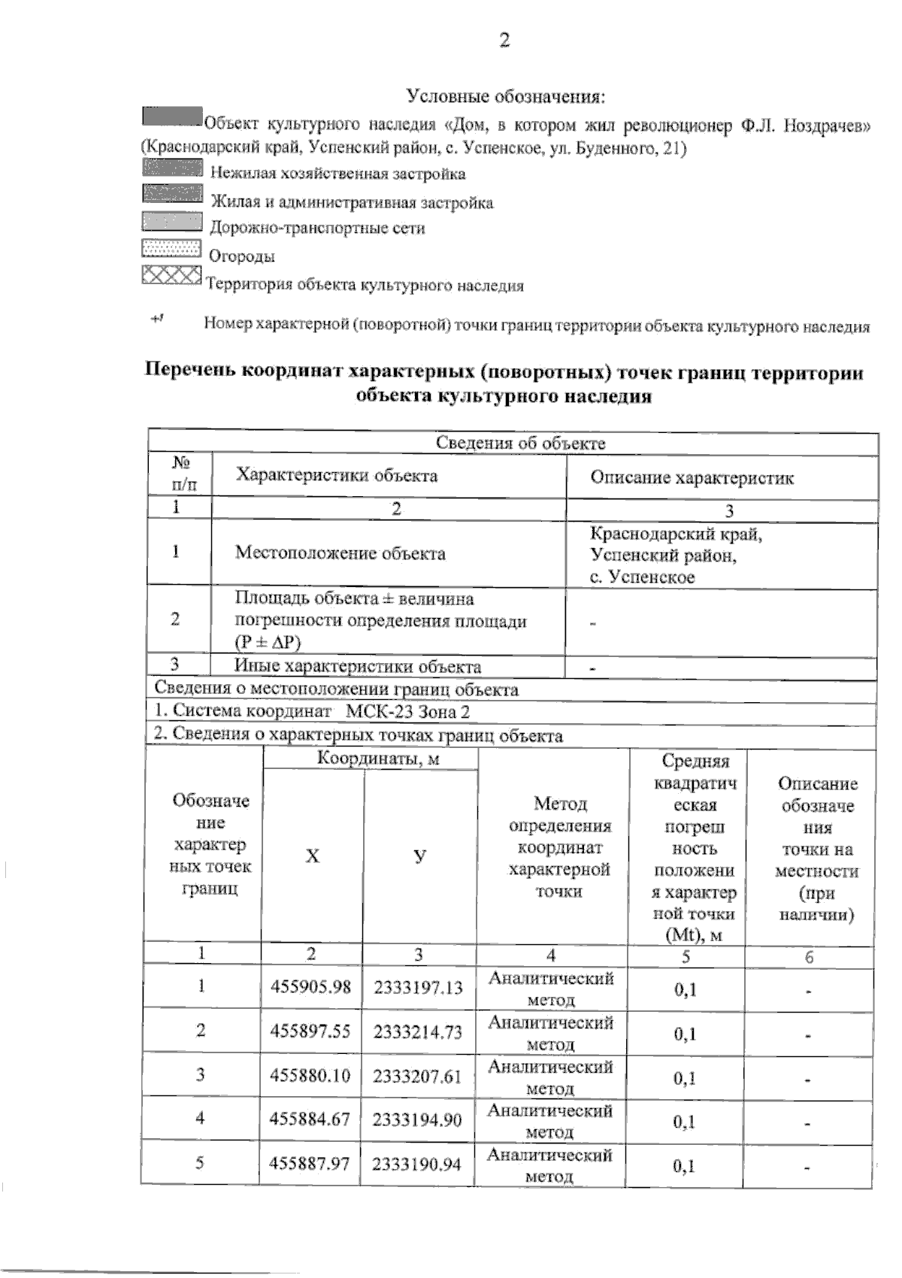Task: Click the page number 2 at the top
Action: click(504, 41)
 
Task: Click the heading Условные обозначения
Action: click(505, 97)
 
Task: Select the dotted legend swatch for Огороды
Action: click(171, 249)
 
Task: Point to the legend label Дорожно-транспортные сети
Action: click(317, 228)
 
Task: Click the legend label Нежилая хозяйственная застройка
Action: click(337, 174)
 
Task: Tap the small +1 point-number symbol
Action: click(157, 319)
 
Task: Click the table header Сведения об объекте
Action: click(520, 444)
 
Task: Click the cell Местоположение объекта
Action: click(340, 553)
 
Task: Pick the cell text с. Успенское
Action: click(642, 577)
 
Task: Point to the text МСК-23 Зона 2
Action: click(407, 711)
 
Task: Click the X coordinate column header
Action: click(312, 856)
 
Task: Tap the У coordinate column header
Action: click(419, 856)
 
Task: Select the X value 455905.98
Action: click(310, 987)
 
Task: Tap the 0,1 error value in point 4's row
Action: click(685, 1122)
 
